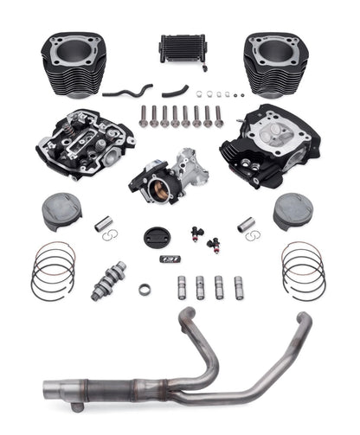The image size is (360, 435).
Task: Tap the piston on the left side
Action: pyautogui.click(x=61, y=211)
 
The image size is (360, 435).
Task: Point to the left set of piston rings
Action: pyautogui.click(x=55, y=268)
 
